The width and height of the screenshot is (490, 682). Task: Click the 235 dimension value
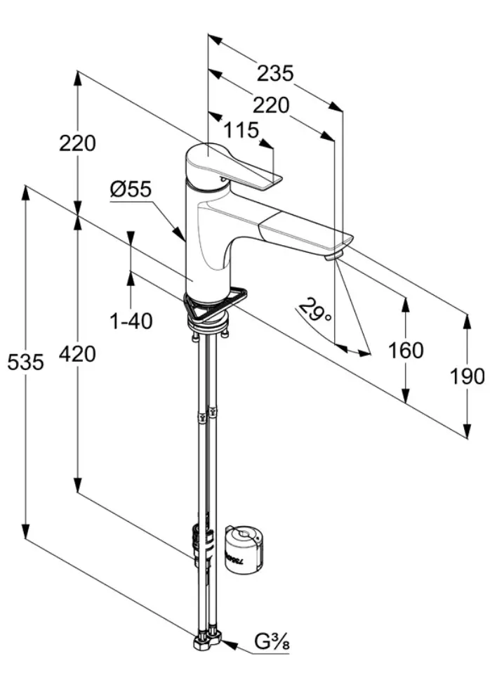[x=274, y=73]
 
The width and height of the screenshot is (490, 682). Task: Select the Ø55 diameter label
[x=131, y=189]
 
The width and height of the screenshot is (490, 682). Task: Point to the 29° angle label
[x=315, y=310]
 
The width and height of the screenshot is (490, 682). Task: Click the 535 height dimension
[x=25, y=362]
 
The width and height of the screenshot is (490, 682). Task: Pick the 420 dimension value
[x=77, y=355]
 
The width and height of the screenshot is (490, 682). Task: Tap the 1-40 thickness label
[x=131, y=321]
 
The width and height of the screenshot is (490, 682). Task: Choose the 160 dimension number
[x=406, y=350]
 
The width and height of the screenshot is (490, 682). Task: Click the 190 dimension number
[x=467, y=376]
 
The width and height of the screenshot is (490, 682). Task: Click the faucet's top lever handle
[x=239, y=169]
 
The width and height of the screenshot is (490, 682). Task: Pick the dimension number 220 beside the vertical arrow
[x=77, y=143]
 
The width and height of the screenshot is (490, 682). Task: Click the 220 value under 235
[x=270, y=105]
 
